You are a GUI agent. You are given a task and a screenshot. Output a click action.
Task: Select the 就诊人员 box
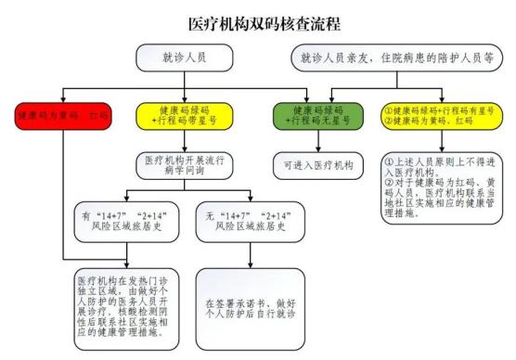pyautogui.click(x=184, y=58)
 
